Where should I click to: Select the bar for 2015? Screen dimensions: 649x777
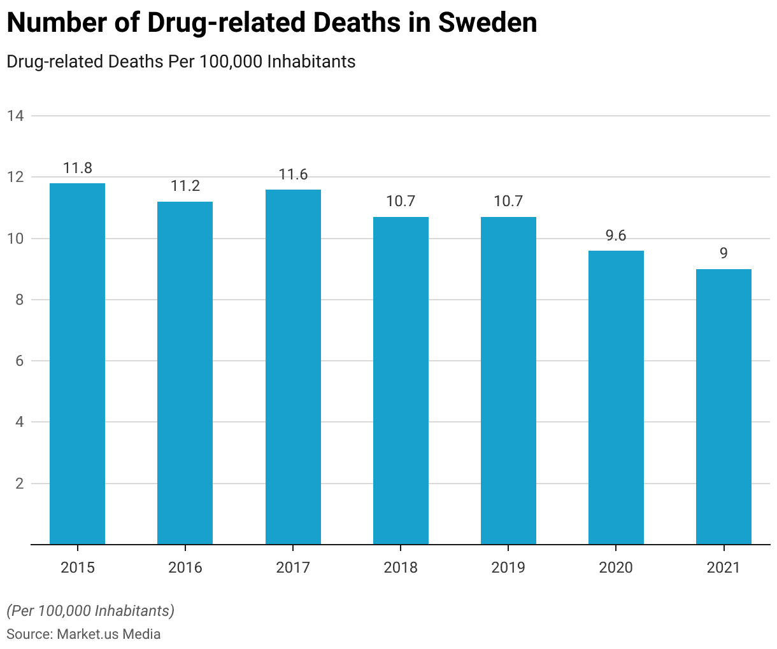tap(77, 363)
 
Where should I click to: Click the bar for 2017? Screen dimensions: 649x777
tap(293, 366)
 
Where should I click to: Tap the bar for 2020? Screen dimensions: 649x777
tap(616, 397)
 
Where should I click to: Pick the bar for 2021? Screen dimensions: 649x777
tap(724, 407)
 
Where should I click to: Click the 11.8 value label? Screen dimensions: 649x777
tap(77, 169)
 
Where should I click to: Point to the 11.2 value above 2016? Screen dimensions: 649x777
tap(185, 186)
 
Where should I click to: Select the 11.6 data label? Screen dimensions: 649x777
tap(293, 175)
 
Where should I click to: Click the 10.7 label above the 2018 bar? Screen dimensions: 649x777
tap(401, 202)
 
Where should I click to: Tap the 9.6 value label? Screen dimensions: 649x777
tap(616, 236)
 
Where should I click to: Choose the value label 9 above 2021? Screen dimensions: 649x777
tap(724, 254)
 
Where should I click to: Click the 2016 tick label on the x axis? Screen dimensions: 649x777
tap(185, 568)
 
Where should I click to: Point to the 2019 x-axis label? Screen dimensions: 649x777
tap(508, 568)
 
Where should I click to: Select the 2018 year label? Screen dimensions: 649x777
tap(401, 568)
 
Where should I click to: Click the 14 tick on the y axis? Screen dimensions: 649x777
tap(16, 116)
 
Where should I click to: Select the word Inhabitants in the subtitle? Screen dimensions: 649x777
tap(311, 62)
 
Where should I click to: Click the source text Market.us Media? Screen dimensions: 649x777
tap(108, 634)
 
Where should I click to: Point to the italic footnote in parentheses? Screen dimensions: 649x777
tap(90, 611)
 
